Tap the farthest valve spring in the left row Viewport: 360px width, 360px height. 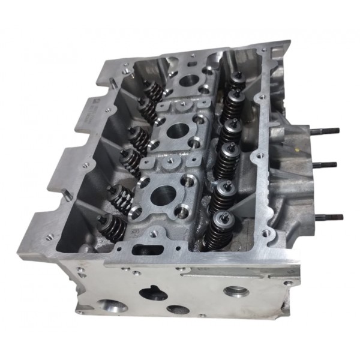pos(155,92)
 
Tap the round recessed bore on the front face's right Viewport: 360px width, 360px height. pos(235,292)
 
